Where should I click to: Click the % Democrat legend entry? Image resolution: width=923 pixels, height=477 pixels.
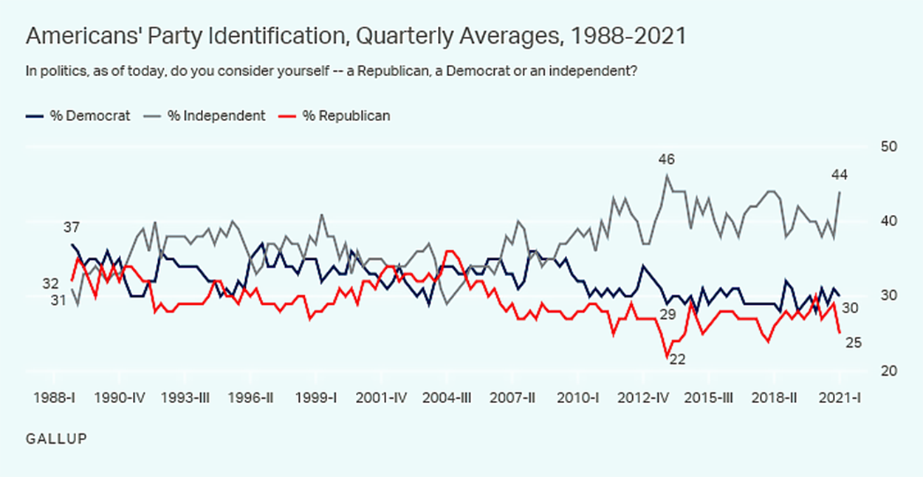[78, 116]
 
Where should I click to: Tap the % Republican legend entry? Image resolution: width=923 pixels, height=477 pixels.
[335, 116]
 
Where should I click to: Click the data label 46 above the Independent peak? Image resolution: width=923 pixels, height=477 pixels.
[667, 159]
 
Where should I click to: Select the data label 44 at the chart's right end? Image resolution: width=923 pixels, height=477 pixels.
[839, 175]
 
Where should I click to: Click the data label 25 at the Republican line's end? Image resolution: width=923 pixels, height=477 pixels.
[853, 343]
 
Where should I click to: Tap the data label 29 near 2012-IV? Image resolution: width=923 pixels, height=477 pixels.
[668, 315]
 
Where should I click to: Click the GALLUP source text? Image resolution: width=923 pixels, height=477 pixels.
[56, 439]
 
